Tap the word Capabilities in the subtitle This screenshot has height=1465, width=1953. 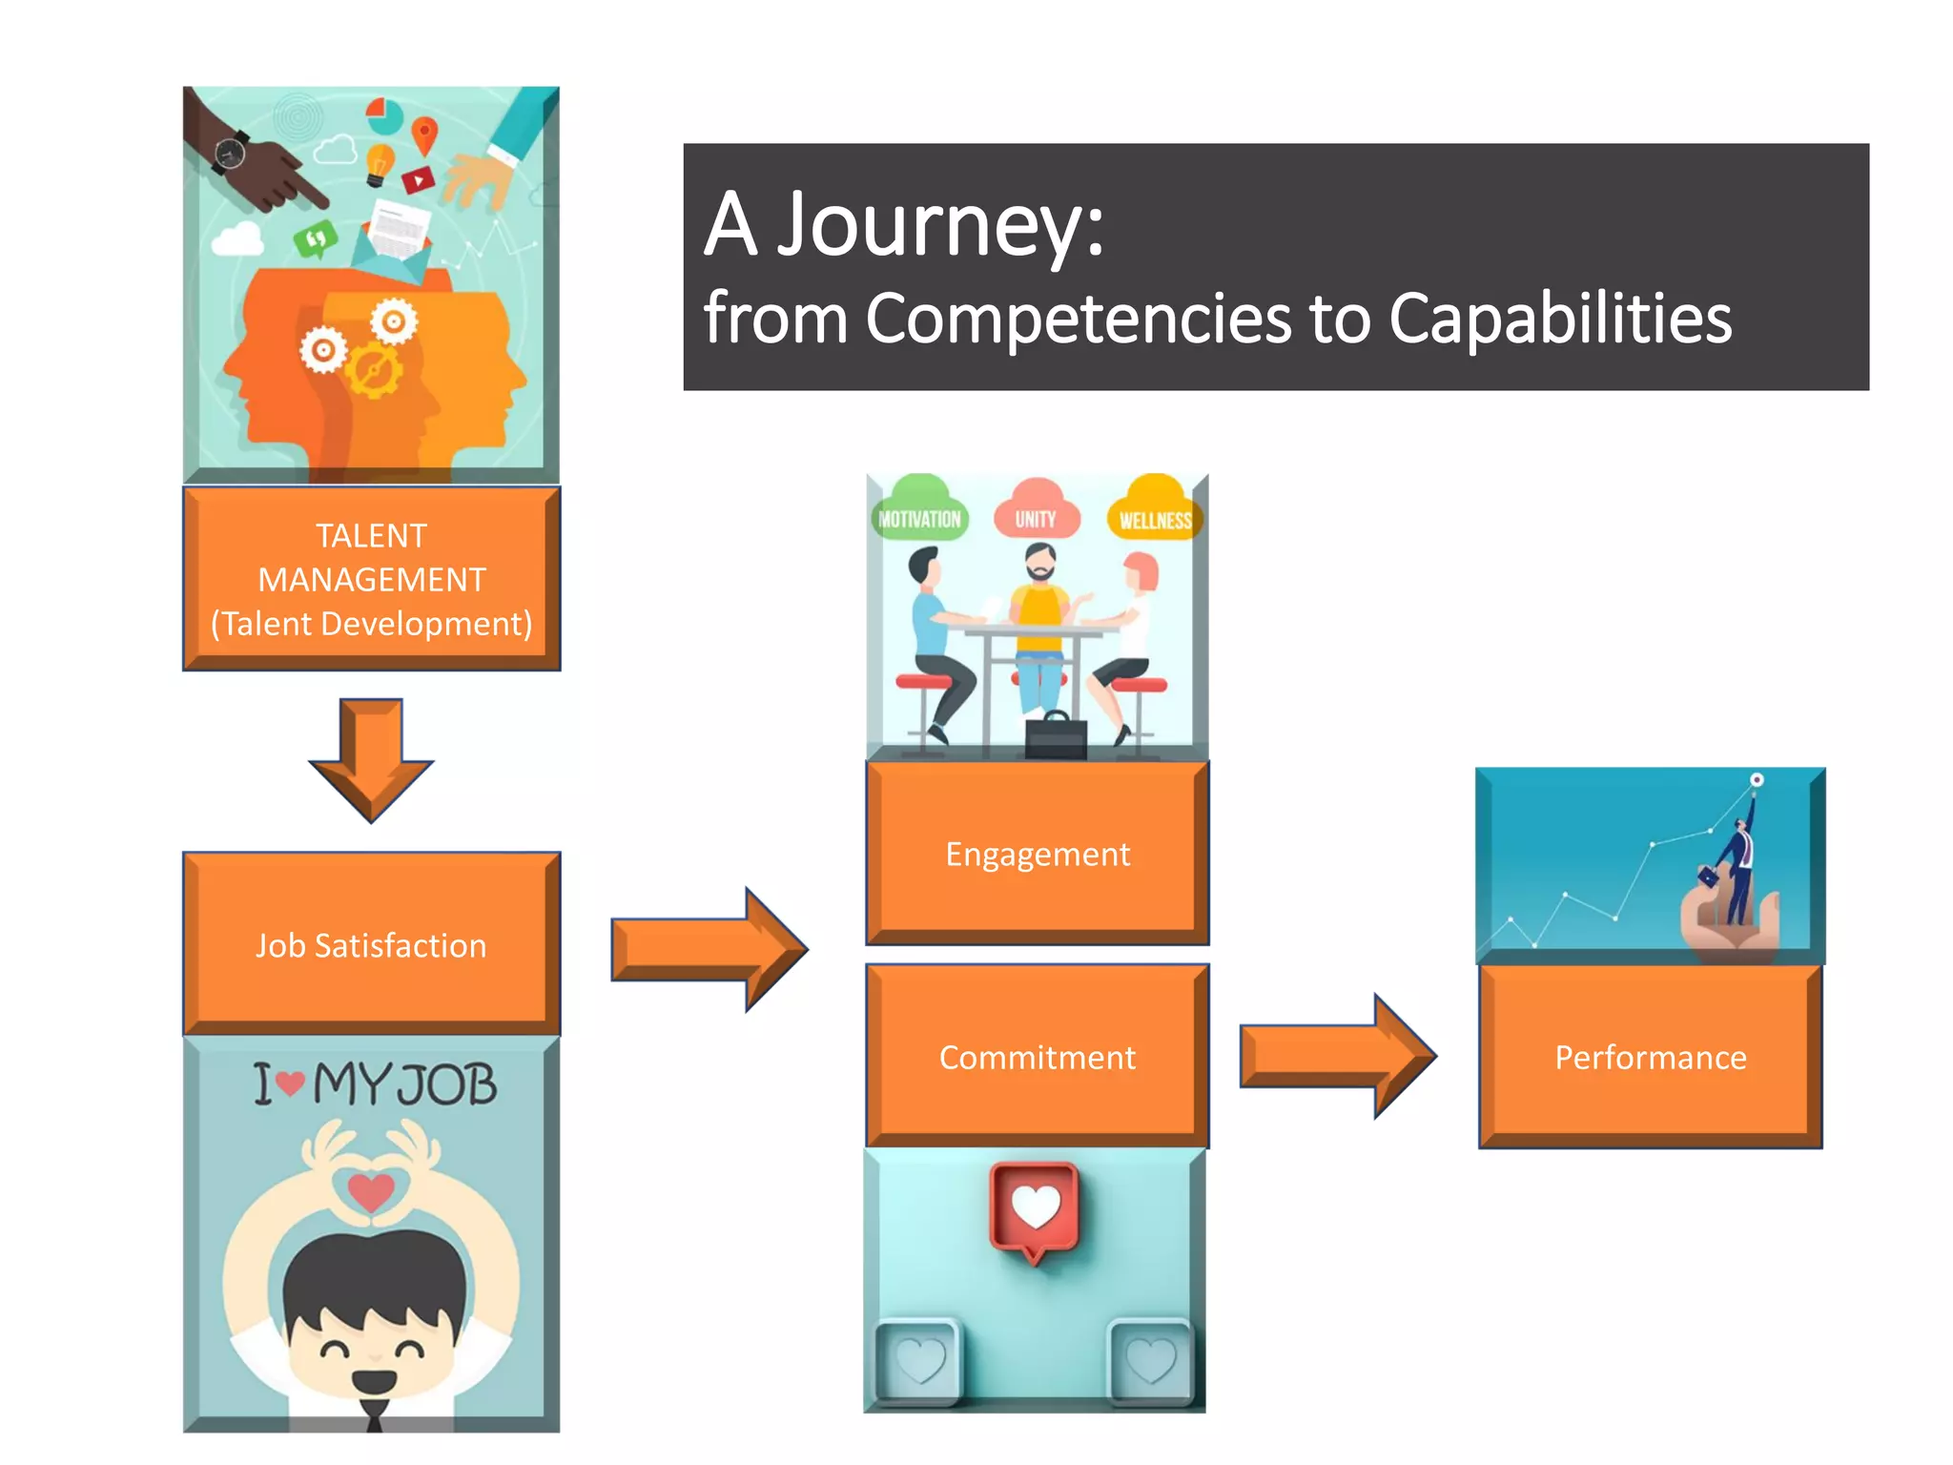tap(1559, 319)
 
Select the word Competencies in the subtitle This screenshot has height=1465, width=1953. tap(1078, 319)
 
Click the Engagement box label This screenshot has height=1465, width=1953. tap(1037, 854)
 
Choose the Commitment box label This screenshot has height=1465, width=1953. tap(1037, 1057)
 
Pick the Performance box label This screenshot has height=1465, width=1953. tap(1650, 1057)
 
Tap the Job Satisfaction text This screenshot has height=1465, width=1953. tap(371, 945)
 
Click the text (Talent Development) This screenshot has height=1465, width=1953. tap(371, 624)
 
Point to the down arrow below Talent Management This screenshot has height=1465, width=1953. tap(371, 758)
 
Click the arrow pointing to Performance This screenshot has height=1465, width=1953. tap(1337, 1056)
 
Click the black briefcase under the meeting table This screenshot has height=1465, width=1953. tap(1056, 737)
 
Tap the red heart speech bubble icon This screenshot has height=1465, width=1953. tap(1035, 1209)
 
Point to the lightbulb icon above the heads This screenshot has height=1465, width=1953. tap(380, 164)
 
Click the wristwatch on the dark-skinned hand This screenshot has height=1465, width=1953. tap(230, 154)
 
